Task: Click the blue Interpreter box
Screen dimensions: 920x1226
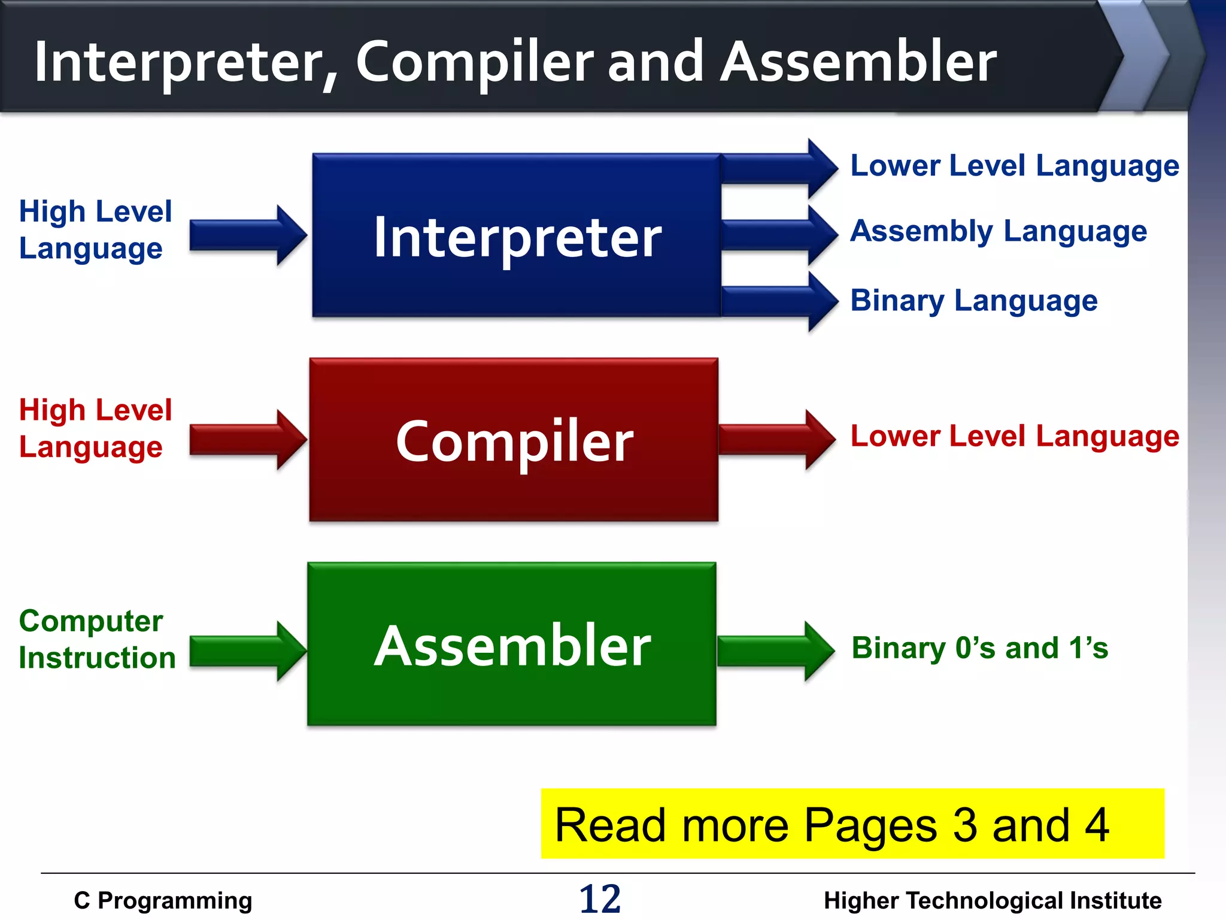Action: coord(517,235)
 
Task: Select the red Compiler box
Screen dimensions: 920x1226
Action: coord(514,440)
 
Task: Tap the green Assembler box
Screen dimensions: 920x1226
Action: coord(512,644)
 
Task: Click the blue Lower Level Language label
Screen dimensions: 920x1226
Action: coord(1015,166)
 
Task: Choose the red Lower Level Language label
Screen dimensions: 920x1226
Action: coord(1015,437)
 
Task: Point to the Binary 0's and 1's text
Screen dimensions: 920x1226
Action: coord(979,649)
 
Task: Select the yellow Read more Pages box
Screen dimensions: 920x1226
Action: coord(852,824)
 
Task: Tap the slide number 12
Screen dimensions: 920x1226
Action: coord(600,899)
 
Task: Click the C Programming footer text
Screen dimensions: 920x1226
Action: coord(163,901)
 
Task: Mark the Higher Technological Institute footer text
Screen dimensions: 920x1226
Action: coord(992,901)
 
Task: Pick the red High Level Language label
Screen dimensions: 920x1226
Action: coord(95,428)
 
